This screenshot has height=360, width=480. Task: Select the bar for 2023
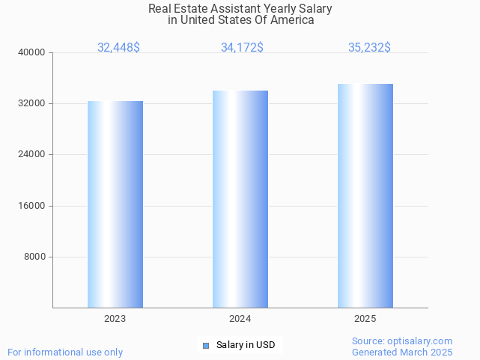(x=115, y=204)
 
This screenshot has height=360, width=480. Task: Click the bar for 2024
(x=240, y=199)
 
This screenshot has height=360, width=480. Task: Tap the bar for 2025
(x=365, y=196)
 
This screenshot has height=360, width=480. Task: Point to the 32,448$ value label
(x=118, y=48)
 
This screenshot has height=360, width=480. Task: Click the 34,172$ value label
(x=242, y=48)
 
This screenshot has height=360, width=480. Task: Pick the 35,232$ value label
(x=369, y=48)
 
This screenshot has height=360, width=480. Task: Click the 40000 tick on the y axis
(x=33, y=53)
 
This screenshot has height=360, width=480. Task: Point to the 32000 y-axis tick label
(x=33, y=104)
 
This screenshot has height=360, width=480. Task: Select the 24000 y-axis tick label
(x=33, y=155)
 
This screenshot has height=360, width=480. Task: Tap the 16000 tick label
(x=33, y=206)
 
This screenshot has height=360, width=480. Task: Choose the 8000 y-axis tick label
(x=35, y=257)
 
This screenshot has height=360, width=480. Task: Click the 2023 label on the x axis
(x=115, y=319)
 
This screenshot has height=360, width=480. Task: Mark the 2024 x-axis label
(x=240, y=319)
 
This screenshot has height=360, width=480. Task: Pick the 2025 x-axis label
(x=365, y=319)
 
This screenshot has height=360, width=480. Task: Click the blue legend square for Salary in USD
(x=206, y=345)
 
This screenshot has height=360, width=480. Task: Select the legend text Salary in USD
(x=246, y=345)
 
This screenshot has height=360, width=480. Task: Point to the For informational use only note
(x=65, y=352)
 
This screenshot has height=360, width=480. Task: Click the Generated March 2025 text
(x=402, y=352)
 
